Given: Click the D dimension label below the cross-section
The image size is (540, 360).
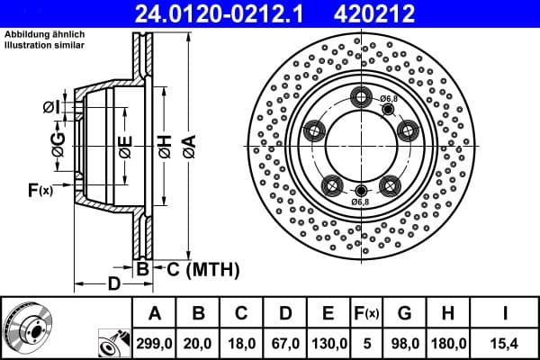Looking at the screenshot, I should (113, 284).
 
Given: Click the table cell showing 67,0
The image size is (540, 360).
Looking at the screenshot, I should (285, 343).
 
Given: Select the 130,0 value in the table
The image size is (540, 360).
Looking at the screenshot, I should (328, 343).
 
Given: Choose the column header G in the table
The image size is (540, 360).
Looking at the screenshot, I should (404, 313).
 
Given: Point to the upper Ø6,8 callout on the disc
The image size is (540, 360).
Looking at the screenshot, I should (389, 98).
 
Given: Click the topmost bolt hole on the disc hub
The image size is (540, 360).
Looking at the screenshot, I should (362, 96).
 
